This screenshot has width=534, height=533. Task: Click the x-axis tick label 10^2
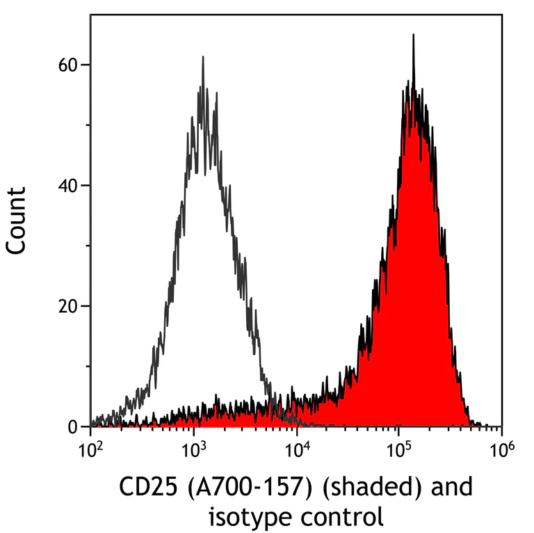(90, 450)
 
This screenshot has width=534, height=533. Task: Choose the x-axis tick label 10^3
(193, 450)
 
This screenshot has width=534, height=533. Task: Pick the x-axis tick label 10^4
(297, 450)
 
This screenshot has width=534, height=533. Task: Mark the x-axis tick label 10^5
(399, 450)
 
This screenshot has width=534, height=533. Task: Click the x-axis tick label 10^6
(501, 450)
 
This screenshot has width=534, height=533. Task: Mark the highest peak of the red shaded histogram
(413, 35)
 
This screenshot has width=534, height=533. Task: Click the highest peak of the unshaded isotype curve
(202, 57)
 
